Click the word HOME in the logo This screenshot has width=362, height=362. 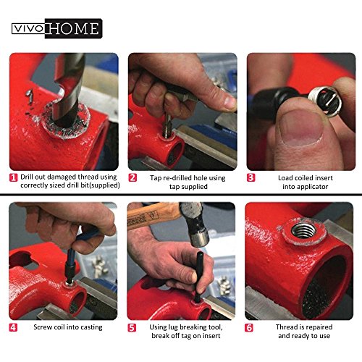point(74,28)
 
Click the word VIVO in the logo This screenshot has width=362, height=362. point(28,29)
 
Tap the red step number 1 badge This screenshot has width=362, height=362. point(13,177)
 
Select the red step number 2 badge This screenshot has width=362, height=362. point(132,177)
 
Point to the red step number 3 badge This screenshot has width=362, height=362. point(251,177)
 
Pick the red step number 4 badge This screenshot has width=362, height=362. point(13,327)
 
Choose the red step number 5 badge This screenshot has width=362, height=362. point(132,327)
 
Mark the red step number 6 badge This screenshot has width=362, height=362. point(249,327)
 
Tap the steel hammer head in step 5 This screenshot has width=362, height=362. point(196,223)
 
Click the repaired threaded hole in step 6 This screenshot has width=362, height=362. point(303,231)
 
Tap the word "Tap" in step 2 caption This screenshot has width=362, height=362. point(156,178)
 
